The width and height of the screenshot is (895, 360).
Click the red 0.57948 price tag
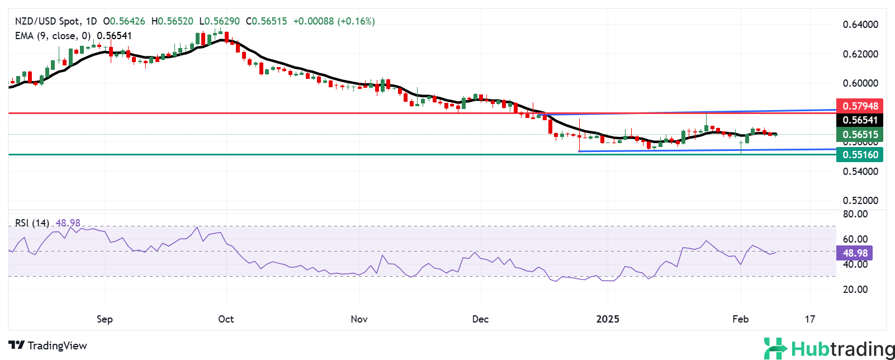pyautogui.click(x=860, y=106)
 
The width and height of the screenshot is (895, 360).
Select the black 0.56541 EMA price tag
pyautogui.click(x=860, y=120)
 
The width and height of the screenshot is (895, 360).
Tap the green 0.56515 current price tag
pyautogui.click(x=860, y=135)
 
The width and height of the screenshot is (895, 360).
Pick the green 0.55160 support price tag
pyautogui.click(x=860, y=155)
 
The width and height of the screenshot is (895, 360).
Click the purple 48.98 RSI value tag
pyautogui.click(x=855, y=253)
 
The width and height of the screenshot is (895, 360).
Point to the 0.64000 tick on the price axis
pyautogui.click(x=860, y=25)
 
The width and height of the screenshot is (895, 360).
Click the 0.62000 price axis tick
pyautogui.click(x=860, y=54)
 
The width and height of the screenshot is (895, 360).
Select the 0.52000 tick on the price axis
pyautogui.click(x=860, y=201)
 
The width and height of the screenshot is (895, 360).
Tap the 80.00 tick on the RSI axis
pyautogui.click(x=855, y=214)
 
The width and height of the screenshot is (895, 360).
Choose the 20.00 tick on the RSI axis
pyautogui.click(x=855, y=290)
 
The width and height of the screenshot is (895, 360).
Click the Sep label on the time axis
pyautogui.click(x=105, y=319)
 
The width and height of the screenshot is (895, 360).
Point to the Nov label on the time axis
pyautogui.click(x=359, y=319)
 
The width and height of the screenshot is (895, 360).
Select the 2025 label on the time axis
pyautogui.click(x=608, y=319)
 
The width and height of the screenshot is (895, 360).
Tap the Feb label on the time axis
pyautogui.click(x=740, y=319)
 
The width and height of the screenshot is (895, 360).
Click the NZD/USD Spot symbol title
pyautogui.click(x=47, y=21)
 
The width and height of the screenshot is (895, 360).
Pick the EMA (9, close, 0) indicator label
pyautogui.click(x=53, y=36)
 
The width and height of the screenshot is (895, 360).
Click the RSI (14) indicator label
pyautogui.click(x=32, y=223)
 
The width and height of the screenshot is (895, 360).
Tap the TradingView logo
pyautogui.click(x=48, y=345)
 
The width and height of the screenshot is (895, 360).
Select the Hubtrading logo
pyautogui.click(x=829, y=349)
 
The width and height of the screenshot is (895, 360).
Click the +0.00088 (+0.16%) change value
pyautogui.click(x=334, y=21)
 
